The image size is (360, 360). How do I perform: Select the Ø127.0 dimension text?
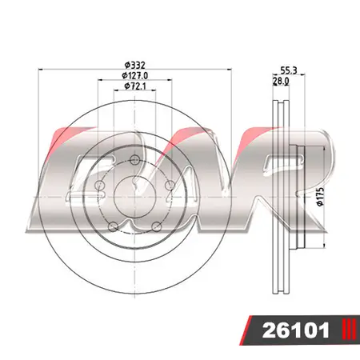point(135,75)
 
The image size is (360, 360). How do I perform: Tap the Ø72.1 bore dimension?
point(135,86)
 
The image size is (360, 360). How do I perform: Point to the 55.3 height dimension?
point(290,71)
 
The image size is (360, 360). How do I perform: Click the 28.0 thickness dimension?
point(281,81)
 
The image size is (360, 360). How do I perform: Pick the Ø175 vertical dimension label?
point(319,197)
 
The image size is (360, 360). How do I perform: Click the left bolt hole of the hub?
point(99,187)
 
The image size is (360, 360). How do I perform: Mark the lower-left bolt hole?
point(113,226)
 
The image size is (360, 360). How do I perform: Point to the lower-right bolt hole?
point(157,226)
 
